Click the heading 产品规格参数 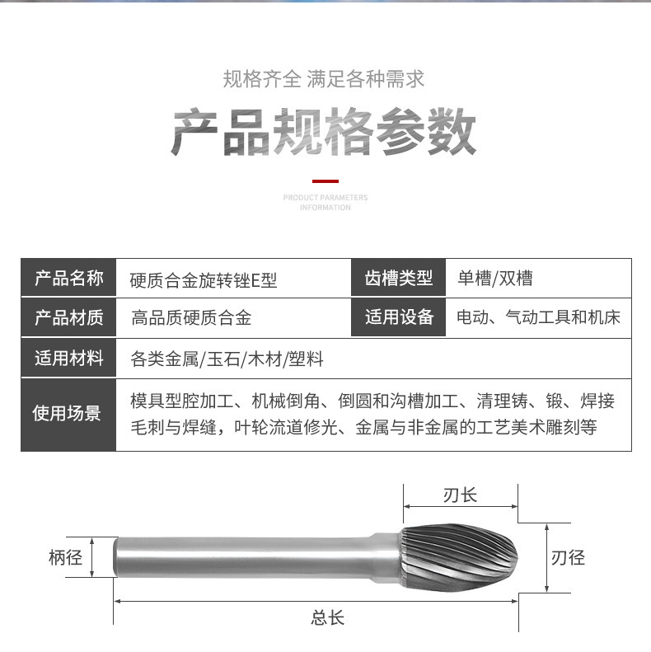[x=324, y=132]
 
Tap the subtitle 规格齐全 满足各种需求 [x=324, y=80]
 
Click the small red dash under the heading [x=325, y=181]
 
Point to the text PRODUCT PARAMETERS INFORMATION [x=325, y=203]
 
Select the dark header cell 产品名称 [x=68, y=279]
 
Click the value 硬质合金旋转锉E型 [x=204, y=280]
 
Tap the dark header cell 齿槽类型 [x=399, y=279]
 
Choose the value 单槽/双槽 [x=494, y=279]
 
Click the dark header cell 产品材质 [x=68, y=318]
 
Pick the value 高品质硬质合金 [x=191, y=318]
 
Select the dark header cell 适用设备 [x=399, y=317]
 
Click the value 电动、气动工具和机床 [x=538, y=317]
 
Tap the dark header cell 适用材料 [x=68, y=359]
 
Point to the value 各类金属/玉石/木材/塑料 [x=227, y=359]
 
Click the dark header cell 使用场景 [x=68, y=414]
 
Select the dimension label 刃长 [x=460, y=495]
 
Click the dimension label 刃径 [x=568, y=558]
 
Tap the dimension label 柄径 [x=65, y=558]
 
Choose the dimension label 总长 [x=327, y=618]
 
